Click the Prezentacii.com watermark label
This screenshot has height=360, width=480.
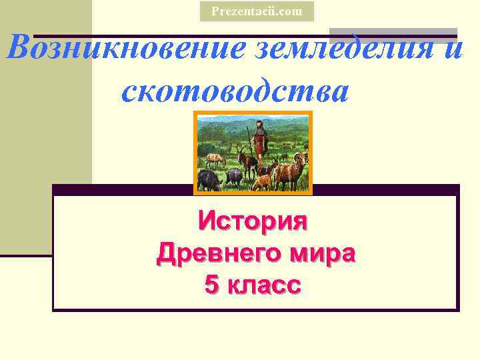(x=257, y=11)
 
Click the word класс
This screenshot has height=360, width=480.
(x=265, y=285)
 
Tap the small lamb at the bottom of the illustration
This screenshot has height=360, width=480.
(x=263, y=181)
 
